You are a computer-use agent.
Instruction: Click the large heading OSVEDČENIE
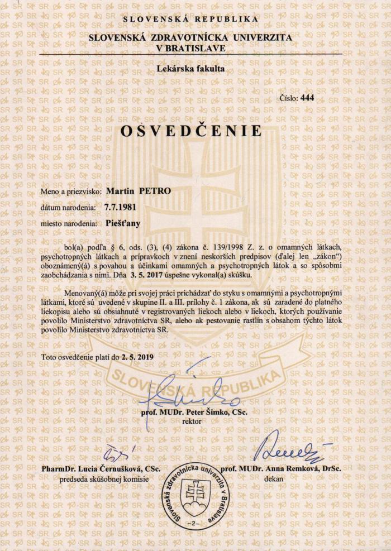click(x=191, y=131)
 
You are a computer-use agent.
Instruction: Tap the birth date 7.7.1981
click(x=120, y=207)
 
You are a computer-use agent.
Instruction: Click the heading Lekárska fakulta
click(x=192, y=70)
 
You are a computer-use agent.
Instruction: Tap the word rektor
click(x=192, y=421)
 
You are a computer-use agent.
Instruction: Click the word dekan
click(x=275, y=478)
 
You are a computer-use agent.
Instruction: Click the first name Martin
click(x=118, y=190)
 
